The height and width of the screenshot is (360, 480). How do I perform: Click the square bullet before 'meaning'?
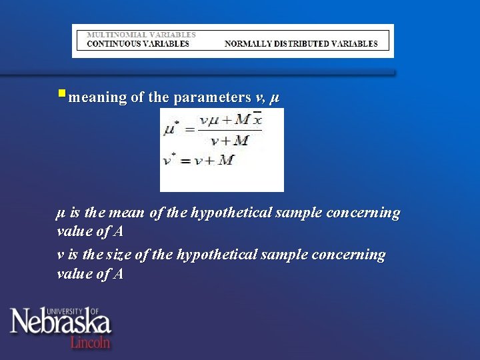tap(61, 94)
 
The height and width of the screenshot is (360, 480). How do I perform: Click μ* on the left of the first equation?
tap(172, 128)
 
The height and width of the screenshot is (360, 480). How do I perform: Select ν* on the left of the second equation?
tap(170, 161)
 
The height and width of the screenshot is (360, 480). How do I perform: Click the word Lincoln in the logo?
tap(90, 341)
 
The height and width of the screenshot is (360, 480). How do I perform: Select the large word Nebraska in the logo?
tap(60, 324)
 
